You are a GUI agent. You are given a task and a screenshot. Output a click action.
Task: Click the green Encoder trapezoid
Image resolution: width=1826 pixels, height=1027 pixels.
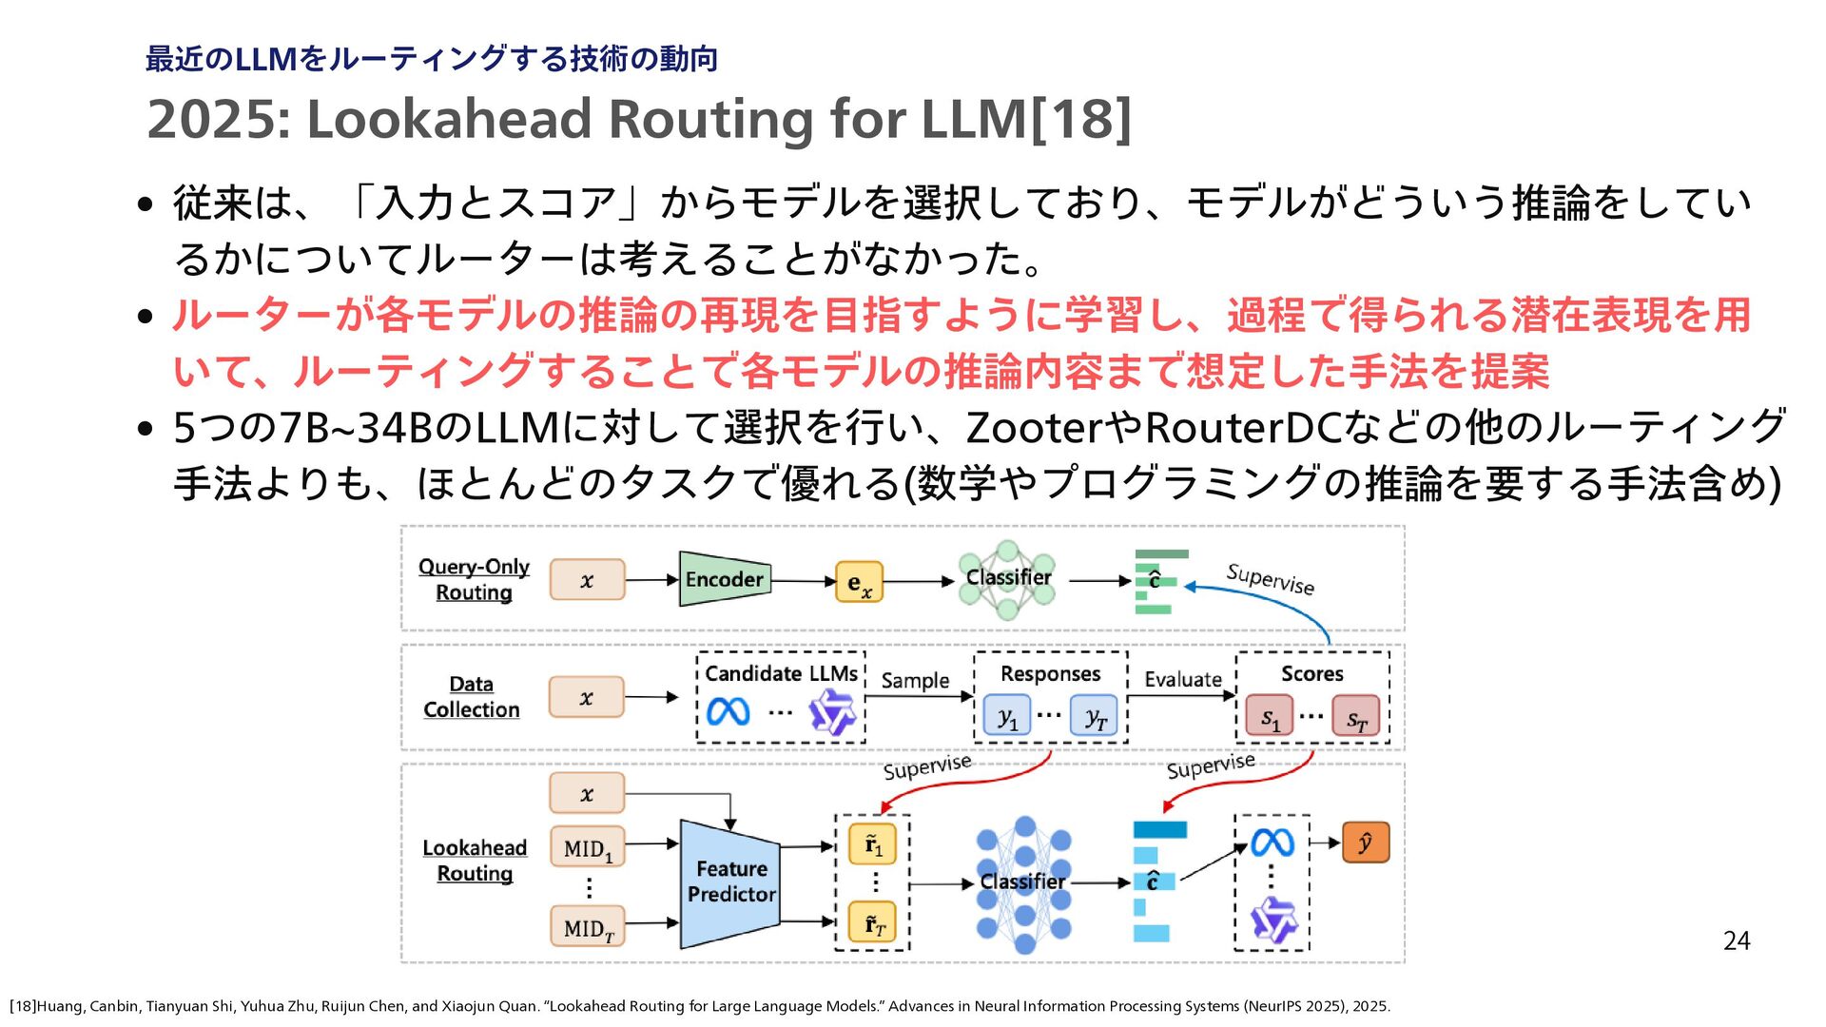click(725, 579)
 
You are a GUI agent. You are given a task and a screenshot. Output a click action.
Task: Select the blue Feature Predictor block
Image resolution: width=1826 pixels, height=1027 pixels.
click(730, 883)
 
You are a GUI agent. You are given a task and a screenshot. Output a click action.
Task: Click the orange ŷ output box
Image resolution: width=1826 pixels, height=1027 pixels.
click(1366, 843)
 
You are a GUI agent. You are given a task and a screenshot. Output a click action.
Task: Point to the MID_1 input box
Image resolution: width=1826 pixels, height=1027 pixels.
click(588, 847)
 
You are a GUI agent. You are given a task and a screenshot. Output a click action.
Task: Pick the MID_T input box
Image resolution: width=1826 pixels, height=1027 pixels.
click(588, 926)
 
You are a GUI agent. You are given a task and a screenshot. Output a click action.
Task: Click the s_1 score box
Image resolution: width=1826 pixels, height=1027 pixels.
click(1270, 716)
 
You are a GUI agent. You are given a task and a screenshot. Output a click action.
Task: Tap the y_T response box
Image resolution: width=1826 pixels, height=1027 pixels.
click(1095, 716)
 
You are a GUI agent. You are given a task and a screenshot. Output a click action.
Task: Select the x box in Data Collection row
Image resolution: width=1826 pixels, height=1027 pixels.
click(587, 697)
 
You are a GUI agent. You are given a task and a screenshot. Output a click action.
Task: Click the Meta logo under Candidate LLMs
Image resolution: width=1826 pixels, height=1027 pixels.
click(728, 711)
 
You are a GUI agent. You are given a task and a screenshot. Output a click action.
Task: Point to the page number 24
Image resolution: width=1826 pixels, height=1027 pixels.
click(1737, 940)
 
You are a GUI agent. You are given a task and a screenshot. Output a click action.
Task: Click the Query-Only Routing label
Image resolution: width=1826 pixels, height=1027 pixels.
click(474, 579)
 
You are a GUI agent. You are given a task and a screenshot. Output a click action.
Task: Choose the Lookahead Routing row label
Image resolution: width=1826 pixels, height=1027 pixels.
click(475, 861)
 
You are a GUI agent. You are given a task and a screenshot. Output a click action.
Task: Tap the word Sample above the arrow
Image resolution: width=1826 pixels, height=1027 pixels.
click(915, 681)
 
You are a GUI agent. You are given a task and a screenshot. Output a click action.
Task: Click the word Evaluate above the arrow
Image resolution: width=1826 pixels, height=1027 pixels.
click(1183, 679)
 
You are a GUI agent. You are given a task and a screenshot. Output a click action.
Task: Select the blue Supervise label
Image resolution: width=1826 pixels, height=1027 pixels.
click(1271, 579)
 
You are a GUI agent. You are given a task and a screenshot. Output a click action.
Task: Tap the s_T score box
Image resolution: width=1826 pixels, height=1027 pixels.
click(1356, 716)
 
